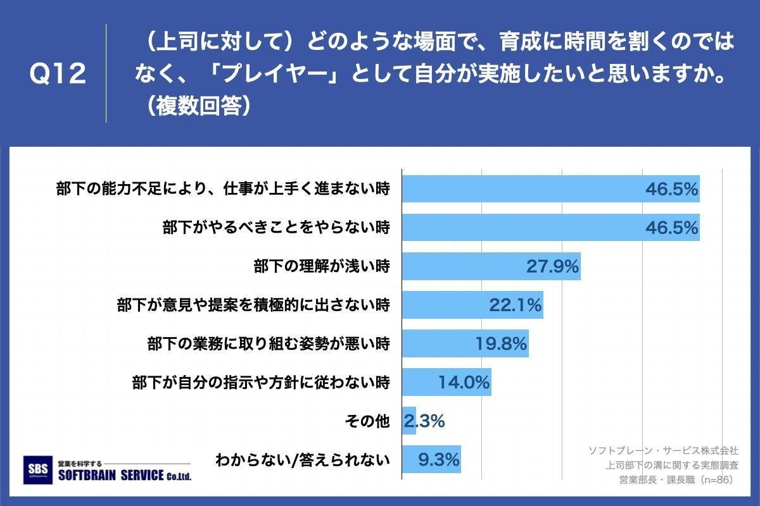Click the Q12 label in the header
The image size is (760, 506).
(58, 74)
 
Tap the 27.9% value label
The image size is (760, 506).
(552, 267)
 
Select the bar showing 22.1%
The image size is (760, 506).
(472, 305)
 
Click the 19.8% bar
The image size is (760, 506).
(465, 344)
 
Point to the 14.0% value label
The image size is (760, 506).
(464, 382)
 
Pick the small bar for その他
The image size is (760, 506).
(409, 421)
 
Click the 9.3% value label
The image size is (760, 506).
(439, 459)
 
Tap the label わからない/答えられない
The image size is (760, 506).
(302, 460)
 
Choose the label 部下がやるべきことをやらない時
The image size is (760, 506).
(275, 228)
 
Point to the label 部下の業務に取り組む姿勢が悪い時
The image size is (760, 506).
(268, 345)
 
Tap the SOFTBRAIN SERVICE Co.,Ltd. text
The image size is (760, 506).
(124, 476)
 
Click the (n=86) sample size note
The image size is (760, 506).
(715, 479)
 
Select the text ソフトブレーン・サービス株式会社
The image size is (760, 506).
(663, 450)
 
